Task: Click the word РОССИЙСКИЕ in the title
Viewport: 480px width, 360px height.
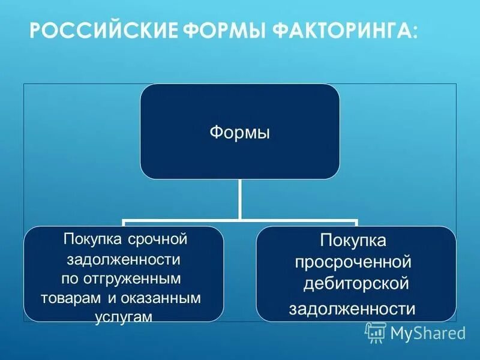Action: [x=103, y=31]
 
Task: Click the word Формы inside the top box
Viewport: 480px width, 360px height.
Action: [x=239, y=131]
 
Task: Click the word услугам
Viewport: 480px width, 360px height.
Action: [x=124, y=316]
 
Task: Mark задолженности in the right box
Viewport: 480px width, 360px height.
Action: [x=352, y=308]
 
